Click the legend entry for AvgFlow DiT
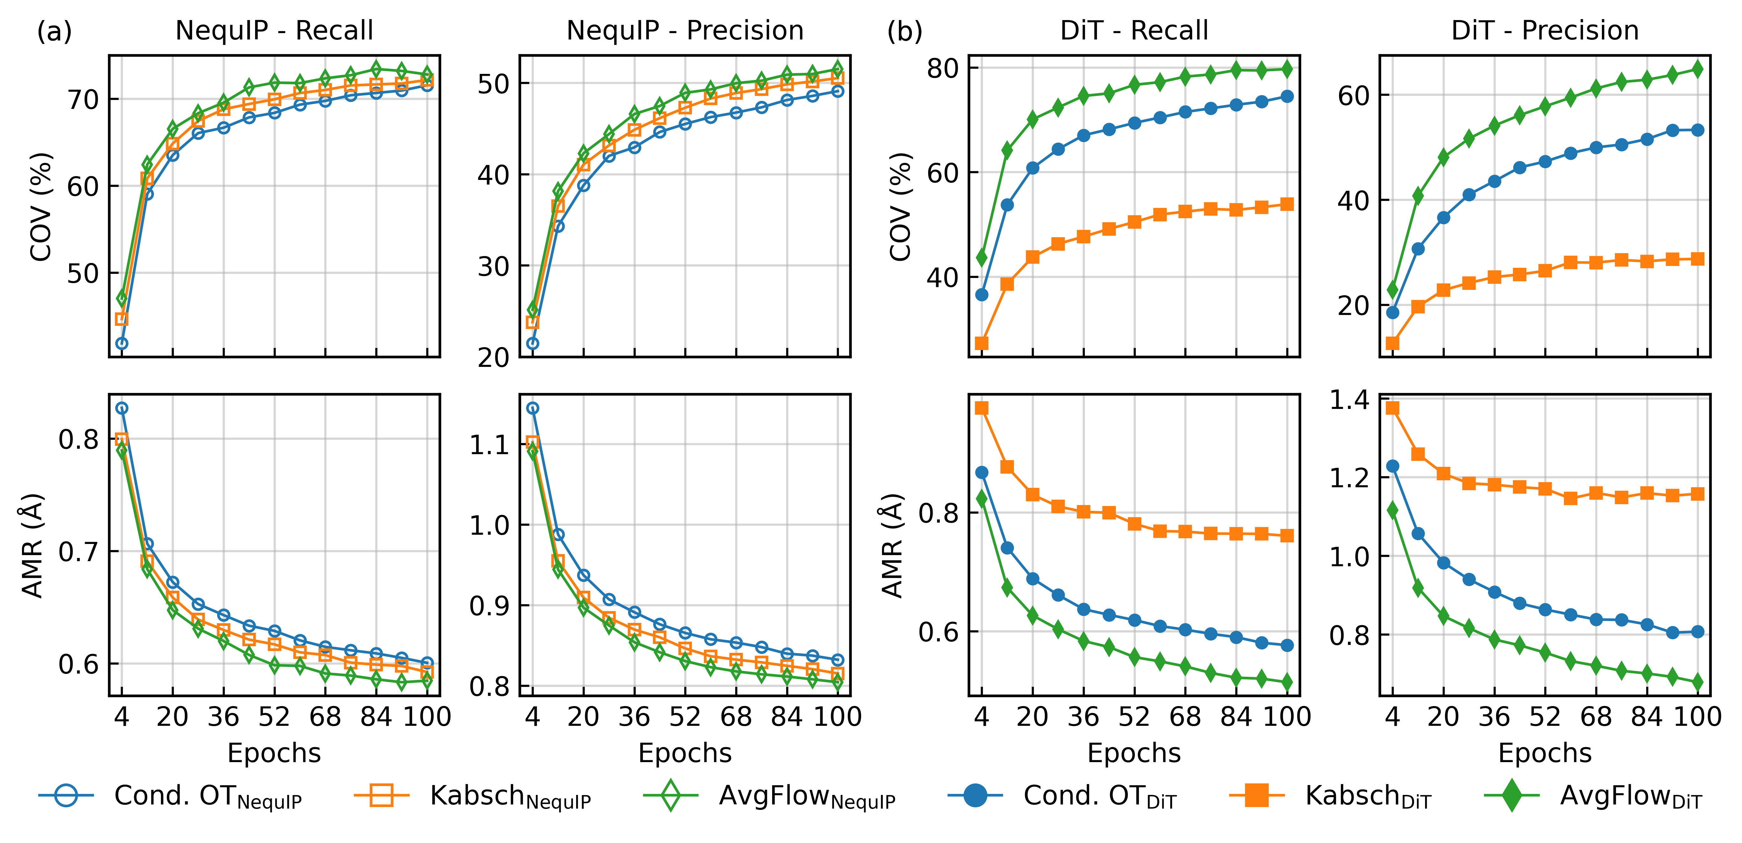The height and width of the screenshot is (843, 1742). point(1630,797)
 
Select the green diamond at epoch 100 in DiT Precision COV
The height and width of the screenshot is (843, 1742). point(1697,69)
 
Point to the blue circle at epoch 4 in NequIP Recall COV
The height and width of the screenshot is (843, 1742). point(122,343)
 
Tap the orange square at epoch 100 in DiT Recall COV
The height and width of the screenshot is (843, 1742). point(1287,204)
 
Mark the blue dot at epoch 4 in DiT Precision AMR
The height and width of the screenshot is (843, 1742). point(1392,467)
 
